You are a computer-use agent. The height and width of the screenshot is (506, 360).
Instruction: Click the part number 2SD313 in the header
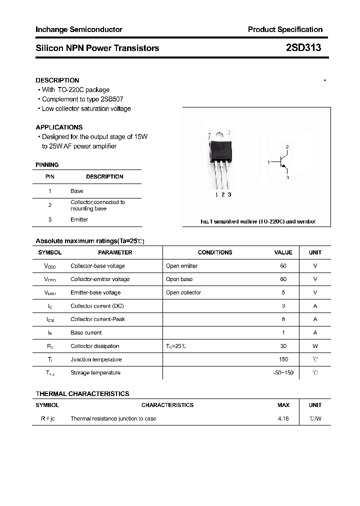(303, 48)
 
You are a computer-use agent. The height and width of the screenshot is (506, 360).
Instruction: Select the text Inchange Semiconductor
(78, 29)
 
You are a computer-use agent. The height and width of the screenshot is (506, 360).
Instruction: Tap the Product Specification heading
(285, 29)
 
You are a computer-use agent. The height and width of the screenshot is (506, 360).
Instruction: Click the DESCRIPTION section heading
(57, 80)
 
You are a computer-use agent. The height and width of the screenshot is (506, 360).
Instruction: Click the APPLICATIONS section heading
(59, 127)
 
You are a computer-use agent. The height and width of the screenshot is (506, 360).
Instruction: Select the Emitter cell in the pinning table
(79, 219)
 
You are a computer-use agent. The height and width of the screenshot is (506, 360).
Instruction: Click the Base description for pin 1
(76, 191)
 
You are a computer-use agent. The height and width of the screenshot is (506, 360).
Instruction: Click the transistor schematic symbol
(282, 162)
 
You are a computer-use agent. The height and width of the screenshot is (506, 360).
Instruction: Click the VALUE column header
(283, 252)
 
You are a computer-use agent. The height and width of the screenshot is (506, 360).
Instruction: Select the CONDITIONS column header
(215, 252)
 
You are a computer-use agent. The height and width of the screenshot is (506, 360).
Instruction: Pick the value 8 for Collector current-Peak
(283, 319)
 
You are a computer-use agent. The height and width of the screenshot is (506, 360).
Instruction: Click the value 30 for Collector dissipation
(283, 346)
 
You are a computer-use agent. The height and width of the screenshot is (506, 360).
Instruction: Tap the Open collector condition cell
(183, 292)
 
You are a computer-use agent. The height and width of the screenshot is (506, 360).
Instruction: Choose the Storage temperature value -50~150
(283, 372)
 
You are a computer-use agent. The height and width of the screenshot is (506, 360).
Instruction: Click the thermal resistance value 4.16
(283, 418)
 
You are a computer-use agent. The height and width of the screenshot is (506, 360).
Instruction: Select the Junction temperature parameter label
(96, 359)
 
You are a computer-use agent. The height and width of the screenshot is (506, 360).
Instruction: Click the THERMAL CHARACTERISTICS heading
(82, 393)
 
